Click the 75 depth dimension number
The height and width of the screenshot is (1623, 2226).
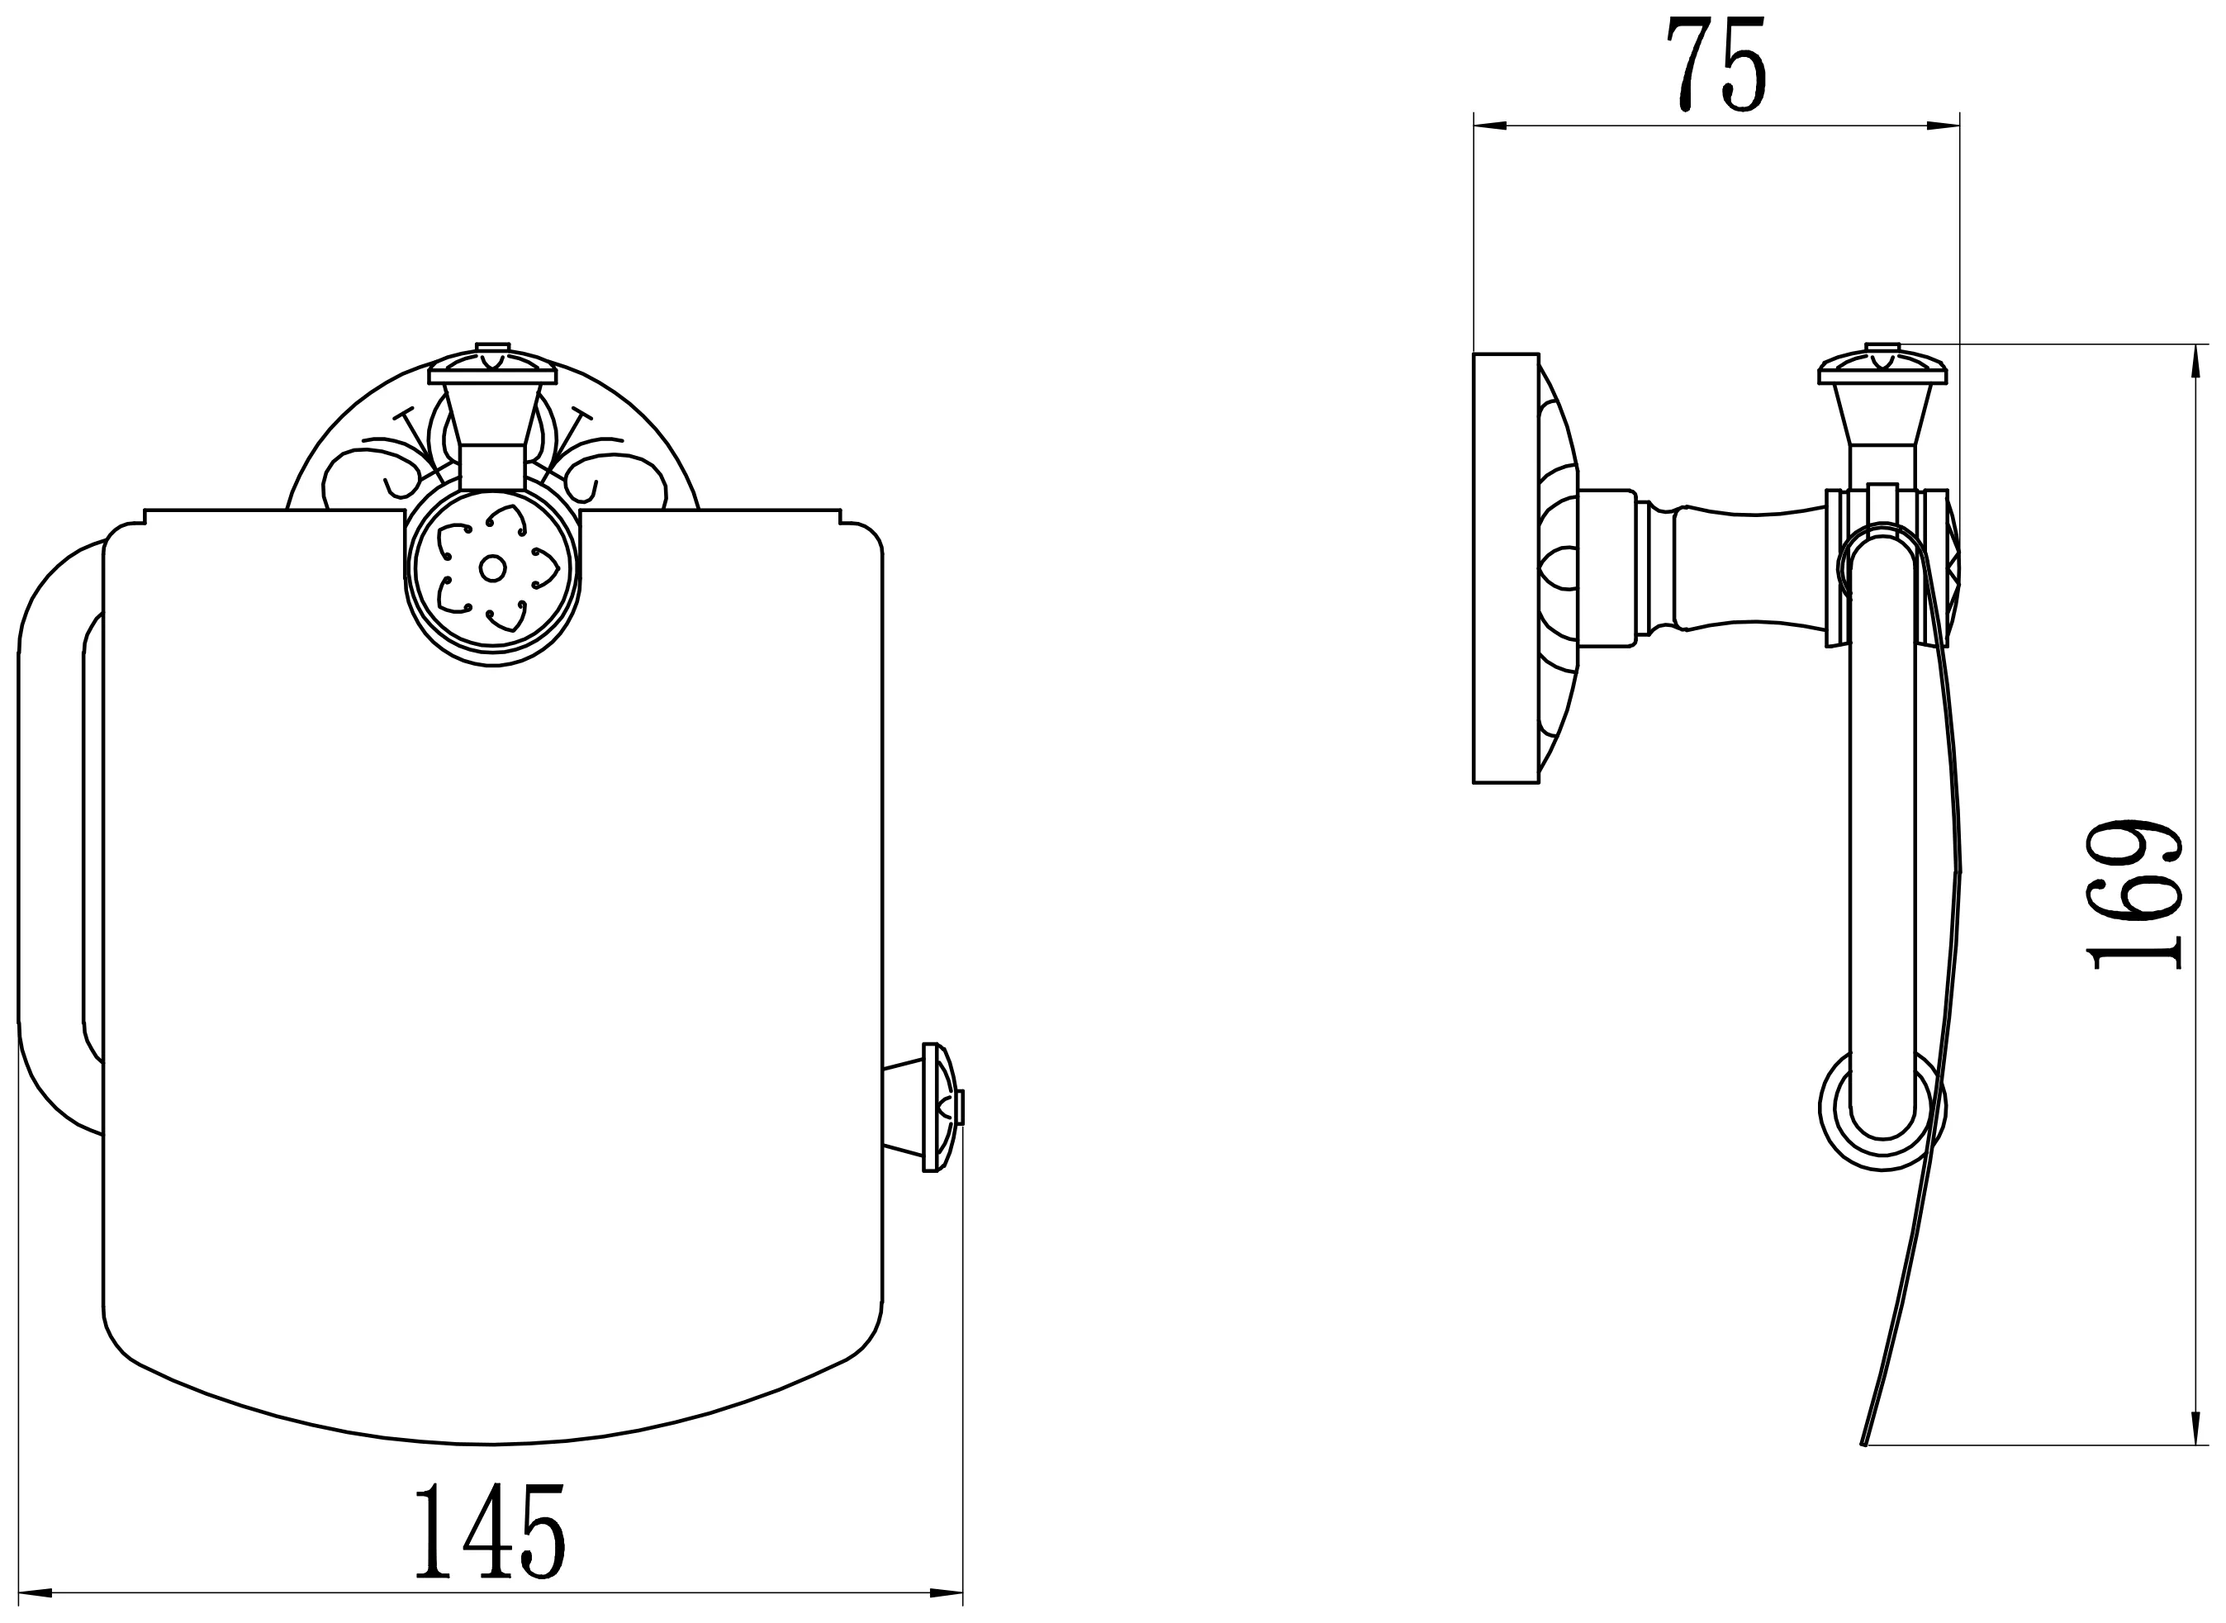point(1716,64)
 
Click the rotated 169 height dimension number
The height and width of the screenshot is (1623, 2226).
point(2133,893)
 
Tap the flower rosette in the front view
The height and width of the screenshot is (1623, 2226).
point(492,568)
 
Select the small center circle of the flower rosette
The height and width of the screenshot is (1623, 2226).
point(492,568)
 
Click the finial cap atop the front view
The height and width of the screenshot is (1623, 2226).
point(492,364)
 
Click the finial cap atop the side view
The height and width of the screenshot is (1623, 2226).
point(1882,364)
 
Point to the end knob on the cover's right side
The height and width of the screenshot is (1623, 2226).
point(938,1108)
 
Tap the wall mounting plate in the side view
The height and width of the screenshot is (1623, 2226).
point(1506,568)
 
